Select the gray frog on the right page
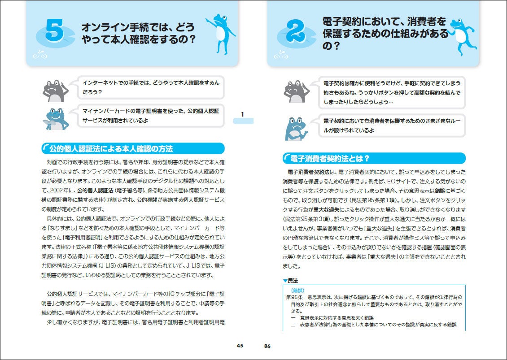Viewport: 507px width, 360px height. [296, 91]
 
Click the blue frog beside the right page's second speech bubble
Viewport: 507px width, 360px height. [296, 129]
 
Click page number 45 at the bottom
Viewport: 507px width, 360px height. [240, 346]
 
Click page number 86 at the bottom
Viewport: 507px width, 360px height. [267, 346]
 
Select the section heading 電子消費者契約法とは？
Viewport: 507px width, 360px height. [330, 159]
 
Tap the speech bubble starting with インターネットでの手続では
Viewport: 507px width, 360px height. [152, 87]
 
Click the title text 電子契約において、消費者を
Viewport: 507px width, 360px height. [384, 21]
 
